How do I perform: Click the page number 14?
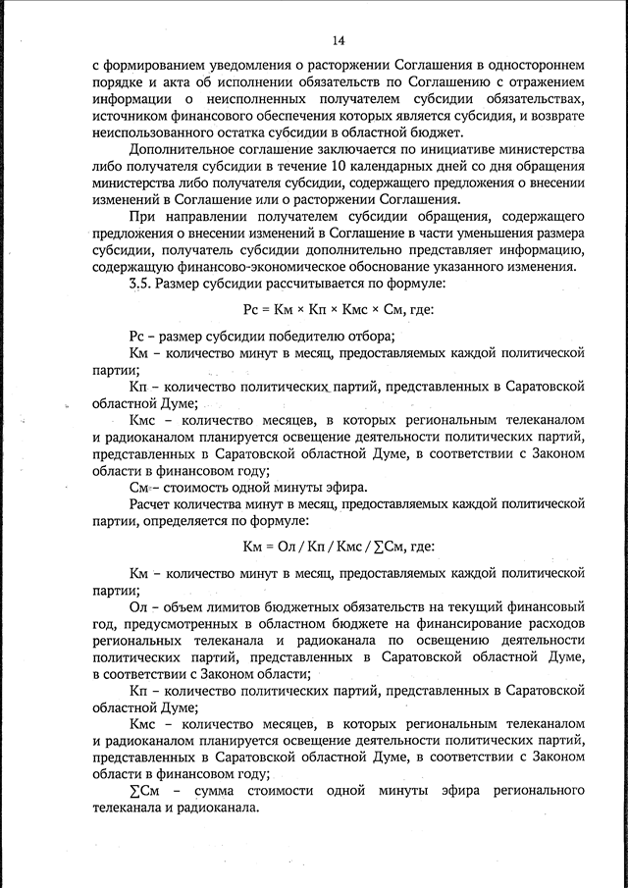click(339, 39)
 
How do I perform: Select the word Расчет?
click(151, 503)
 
